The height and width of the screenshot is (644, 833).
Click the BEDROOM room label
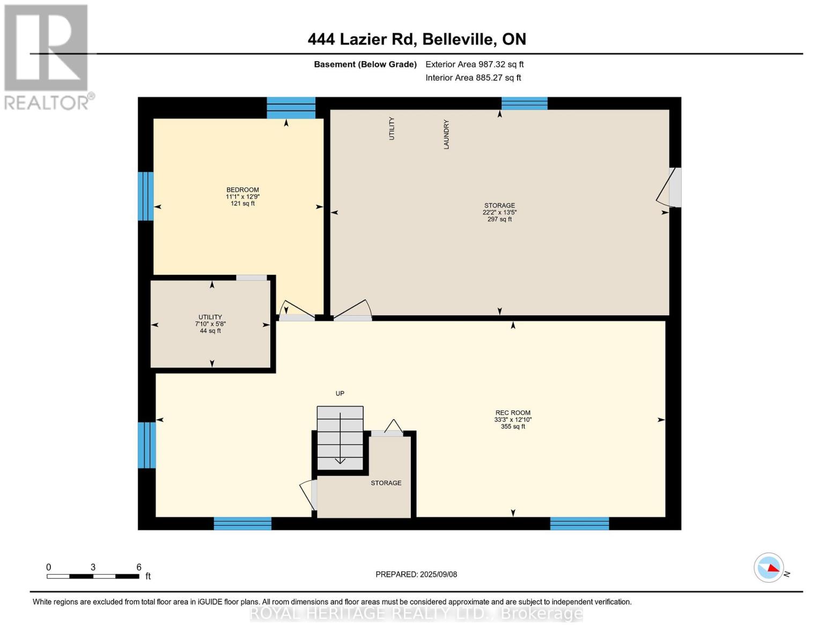coord(242,190)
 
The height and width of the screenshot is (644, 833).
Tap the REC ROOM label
coord(513,413)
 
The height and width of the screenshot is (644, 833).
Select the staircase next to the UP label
coord(340,437)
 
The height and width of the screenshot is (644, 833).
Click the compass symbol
coord(769,567)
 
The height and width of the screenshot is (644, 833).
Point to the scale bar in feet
coord(93,576)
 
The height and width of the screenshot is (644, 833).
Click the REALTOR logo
coord(47,56)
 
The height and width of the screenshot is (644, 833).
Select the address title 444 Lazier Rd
coord(416,39)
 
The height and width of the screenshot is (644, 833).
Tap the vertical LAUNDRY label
coord(446,134)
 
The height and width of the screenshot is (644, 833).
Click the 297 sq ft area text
coord(499,219)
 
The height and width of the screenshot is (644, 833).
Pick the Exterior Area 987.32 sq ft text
coord(474,64)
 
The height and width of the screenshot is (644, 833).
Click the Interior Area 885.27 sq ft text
coord(473,78)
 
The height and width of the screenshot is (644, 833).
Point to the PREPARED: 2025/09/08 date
coord(416,574)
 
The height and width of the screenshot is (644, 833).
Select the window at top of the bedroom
coord(291,107)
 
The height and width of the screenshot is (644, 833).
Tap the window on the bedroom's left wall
coord(145,196)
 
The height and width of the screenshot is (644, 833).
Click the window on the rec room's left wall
coord(146,445)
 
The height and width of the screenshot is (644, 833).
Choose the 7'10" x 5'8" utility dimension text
coord(210,324)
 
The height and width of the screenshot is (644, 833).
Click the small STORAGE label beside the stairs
coord(386,483)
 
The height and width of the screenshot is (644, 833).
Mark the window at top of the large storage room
coord(524,103)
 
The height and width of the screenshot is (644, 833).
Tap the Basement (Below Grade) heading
coord(365,64)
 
